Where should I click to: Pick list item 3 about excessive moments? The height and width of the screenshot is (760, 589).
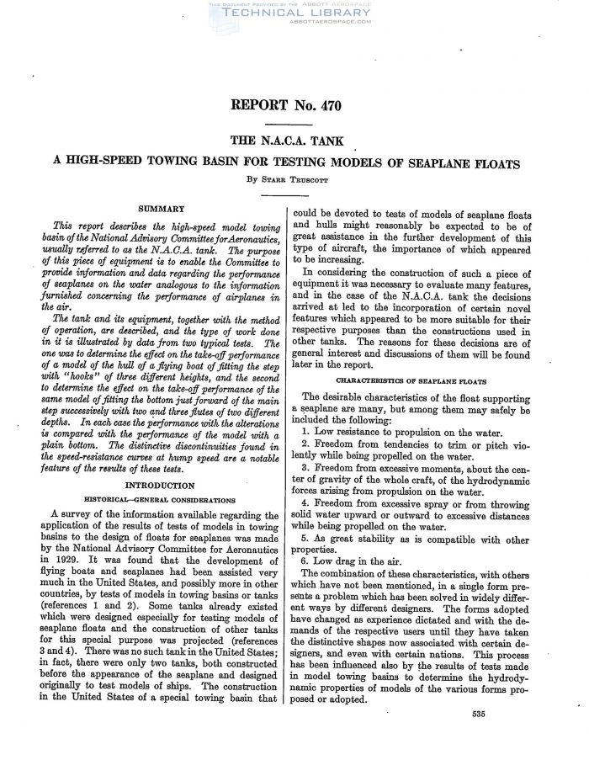(423, 476)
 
